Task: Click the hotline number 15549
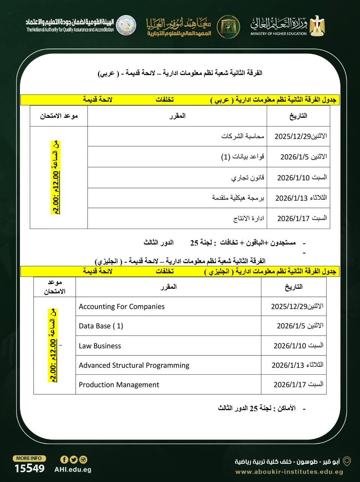coord(29,468)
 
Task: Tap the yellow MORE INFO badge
coord(29,458)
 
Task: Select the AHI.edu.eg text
coord(73,470)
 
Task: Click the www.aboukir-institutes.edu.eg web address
coord(289,472)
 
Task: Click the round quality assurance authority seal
coord(126,25)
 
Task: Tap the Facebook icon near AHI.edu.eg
coord(64,459)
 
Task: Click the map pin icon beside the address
coord(347,461)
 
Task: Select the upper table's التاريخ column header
coord(298,116)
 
